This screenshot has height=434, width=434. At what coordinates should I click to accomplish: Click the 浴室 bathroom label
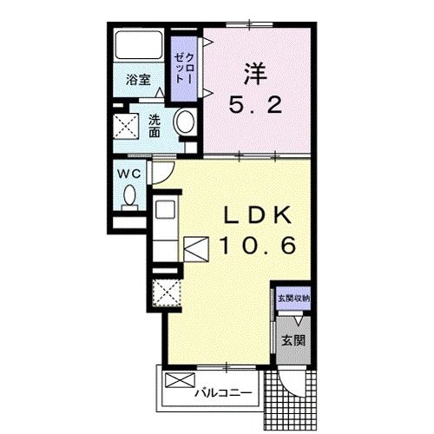click(x=138, y=79)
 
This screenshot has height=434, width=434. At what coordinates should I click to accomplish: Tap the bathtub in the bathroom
click(x=139, y=45)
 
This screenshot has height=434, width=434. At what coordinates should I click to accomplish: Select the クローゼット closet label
click(x=184, y=69)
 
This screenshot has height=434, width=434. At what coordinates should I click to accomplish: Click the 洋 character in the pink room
click(x=255, y=75)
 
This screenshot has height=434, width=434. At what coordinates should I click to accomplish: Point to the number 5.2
click(x=255, y=105)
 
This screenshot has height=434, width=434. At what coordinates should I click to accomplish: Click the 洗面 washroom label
click(x=155, y=126)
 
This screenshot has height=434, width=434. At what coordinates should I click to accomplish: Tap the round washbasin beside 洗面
click(x=185, y=122)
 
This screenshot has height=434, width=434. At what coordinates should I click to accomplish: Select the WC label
click(x=129, y=174)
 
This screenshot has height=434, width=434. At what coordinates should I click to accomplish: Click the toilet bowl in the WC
click(x=129, y=195)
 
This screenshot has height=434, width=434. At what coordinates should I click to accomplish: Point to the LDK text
click(x=258, y=216)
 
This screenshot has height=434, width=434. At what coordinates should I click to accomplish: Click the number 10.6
click(x=258, y=246)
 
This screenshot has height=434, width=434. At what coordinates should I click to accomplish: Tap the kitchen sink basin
click(x=165, y=209)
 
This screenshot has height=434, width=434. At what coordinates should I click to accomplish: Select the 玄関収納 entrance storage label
click(x=293, y=299)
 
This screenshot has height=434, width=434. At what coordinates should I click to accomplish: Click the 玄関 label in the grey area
click(x=293, y=340)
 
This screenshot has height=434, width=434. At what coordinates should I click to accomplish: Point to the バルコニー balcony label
click(x=223, y=393)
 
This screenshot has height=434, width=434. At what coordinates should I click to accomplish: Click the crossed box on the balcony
click(x=180, y=380)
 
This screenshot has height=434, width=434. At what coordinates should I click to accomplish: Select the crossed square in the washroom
click(x=126, y=126)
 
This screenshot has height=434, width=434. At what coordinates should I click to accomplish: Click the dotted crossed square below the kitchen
click(x=167, y=293)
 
